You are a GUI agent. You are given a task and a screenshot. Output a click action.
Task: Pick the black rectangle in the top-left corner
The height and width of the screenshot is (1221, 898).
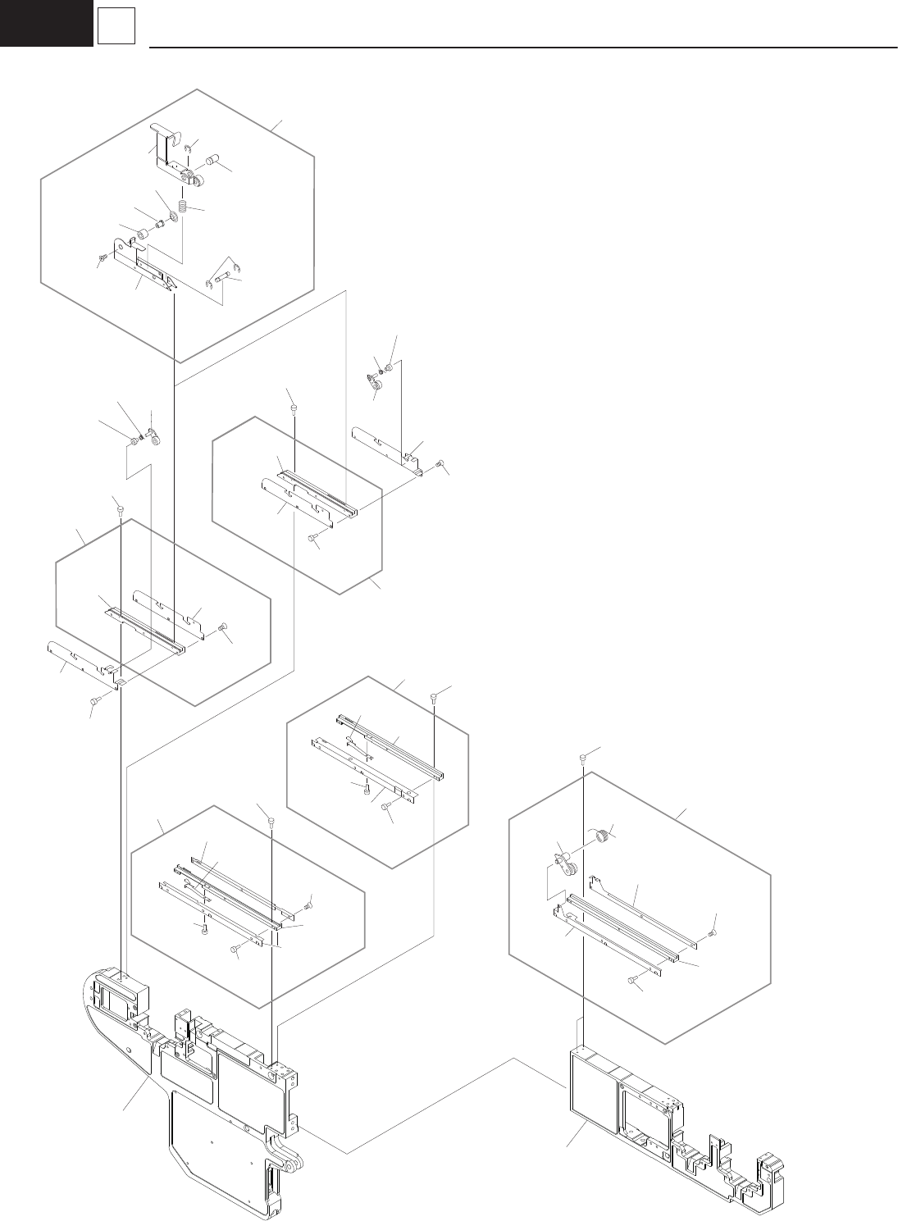point(46,22)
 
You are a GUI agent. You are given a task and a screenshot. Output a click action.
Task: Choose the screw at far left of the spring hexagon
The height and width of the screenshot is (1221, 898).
point(102,259)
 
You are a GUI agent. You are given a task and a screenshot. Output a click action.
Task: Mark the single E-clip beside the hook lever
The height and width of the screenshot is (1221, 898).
point(188,148)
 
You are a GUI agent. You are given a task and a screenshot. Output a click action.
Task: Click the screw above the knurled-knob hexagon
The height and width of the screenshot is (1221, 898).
point(583,757)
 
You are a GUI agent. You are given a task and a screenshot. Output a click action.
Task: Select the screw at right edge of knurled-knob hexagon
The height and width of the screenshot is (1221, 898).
point(711,933)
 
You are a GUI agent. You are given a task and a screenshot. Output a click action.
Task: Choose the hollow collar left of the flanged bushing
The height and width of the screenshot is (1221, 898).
point(142,236)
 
